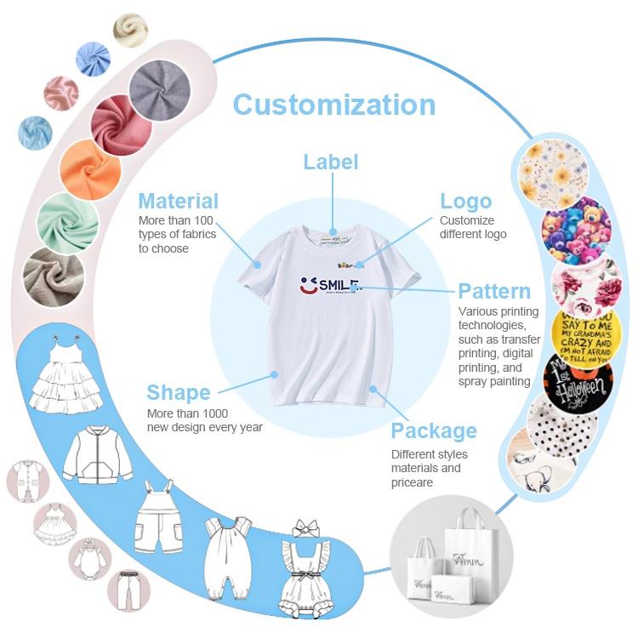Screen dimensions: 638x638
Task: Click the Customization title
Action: [x=333, y=105]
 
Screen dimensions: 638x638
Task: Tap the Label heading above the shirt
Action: [x=331, y=162]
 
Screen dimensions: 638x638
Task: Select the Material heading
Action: [x=179, y=201]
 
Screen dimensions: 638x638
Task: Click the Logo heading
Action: [x=465, y=201]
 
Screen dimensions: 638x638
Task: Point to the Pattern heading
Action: [x=494, y=291]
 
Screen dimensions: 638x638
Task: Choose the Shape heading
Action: [x=178, y=392]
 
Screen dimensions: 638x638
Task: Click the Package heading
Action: [x=434, y=430]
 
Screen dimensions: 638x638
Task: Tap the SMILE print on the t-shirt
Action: [x=332, y=286]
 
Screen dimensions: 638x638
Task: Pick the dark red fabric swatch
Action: [x=121, y=126]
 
